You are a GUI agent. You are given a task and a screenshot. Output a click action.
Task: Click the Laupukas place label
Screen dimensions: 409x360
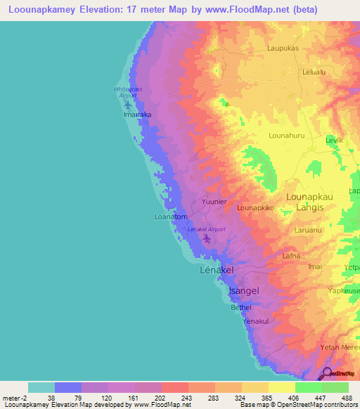click(x=283, y=48)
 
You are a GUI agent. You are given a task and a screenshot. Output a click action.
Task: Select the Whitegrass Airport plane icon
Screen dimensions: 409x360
click(x=127, y=103)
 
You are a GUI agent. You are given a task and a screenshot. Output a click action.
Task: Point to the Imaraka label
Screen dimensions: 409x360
click(x=137, y=113)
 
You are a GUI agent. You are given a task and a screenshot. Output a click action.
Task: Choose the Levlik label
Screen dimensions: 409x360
click(x=334, y=141)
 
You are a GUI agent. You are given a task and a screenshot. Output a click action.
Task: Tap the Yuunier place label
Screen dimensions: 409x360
click(x=214, y=202)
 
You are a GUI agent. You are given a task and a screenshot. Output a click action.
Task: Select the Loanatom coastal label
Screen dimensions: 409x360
click(x=170, y=217)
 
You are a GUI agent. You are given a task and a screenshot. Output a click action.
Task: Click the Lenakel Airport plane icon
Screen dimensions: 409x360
click(x=206, y=239)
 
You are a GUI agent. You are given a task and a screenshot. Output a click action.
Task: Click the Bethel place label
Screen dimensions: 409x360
click(x=240, y=307)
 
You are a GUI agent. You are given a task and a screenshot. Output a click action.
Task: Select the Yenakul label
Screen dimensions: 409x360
click(x=256, y=321)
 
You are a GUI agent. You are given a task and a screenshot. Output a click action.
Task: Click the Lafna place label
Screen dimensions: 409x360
click(x=291, y=257)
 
